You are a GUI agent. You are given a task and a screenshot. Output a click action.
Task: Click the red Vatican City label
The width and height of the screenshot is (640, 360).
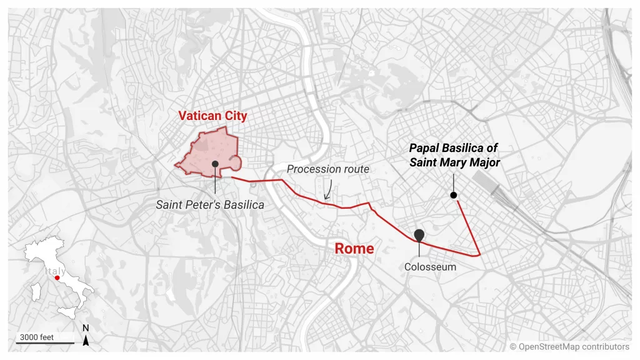point(212,116)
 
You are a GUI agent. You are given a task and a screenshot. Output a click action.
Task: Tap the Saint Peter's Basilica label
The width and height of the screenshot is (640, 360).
point(210,204)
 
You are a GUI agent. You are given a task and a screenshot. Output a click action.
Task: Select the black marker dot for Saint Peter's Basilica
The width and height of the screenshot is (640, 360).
point(215,163)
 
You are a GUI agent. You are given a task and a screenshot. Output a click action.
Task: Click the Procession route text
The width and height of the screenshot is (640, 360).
point(327,169)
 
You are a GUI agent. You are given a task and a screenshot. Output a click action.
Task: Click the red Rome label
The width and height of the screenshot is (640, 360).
point(354,248)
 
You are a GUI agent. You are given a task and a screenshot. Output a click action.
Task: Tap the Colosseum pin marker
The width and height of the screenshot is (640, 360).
point(419,235)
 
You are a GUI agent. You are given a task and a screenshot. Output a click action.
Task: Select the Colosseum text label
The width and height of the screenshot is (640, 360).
point(430,267)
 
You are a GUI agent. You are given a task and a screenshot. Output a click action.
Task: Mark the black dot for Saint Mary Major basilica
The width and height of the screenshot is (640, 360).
point(454,196)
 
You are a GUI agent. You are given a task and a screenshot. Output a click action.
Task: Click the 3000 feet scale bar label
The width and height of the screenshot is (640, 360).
point(36,337)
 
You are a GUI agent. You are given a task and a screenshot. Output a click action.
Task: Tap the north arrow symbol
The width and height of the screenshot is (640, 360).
point(86,341)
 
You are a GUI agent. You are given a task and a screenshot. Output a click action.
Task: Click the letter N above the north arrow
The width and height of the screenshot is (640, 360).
point(86,328)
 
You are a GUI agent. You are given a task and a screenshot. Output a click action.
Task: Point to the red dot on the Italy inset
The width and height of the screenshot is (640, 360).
point(57,279)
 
